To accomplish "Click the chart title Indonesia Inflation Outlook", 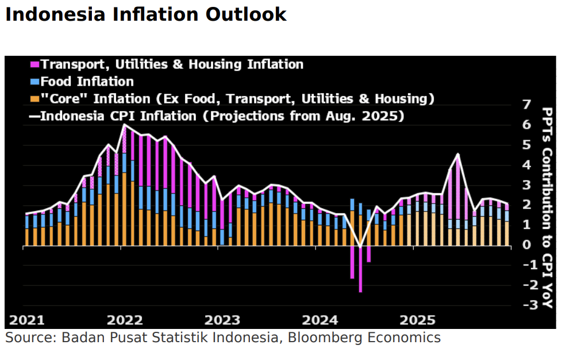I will tap(145, 14).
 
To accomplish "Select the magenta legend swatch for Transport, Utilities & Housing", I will tap(34, 64).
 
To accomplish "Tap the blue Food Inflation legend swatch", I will tap(34, 82).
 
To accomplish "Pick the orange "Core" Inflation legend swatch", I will tap(34, 99).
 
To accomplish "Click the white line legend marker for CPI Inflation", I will tap(34, 116).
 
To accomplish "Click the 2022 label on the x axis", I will tap(125, 319).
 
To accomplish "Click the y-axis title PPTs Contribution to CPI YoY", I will tap(548, 207).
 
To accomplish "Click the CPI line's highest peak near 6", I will tap(125, 125).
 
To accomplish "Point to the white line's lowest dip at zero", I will tap(360, 247).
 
